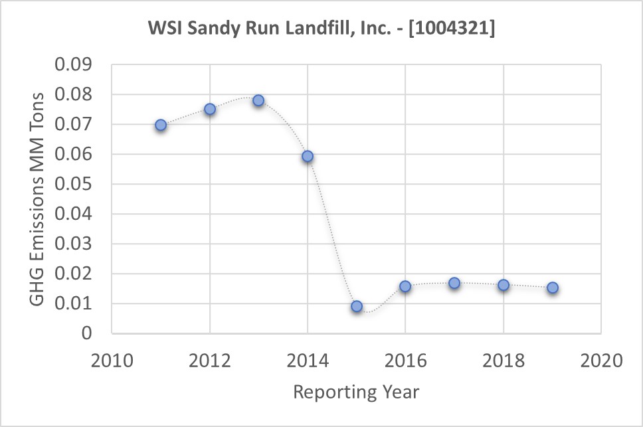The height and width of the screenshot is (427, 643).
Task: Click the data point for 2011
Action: tap(161, 125)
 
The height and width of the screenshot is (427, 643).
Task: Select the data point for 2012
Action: tap(210, 109)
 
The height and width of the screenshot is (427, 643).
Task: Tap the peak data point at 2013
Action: tap(258, 101)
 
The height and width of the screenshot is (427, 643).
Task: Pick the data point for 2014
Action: tap(308, 157)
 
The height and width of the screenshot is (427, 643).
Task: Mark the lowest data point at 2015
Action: tap(357, 306)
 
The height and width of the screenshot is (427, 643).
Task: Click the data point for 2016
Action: tap(405, 286)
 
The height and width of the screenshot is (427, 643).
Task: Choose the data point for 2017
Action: tap(454, 283)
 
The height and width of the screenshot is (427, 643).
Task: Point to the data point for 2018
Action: tap(504, 285)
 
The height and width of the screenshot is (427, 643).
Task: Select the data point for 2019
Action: tap(552, 288)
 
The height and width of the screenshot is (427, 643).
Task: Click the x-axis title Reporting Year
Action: tap(357, 392)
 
